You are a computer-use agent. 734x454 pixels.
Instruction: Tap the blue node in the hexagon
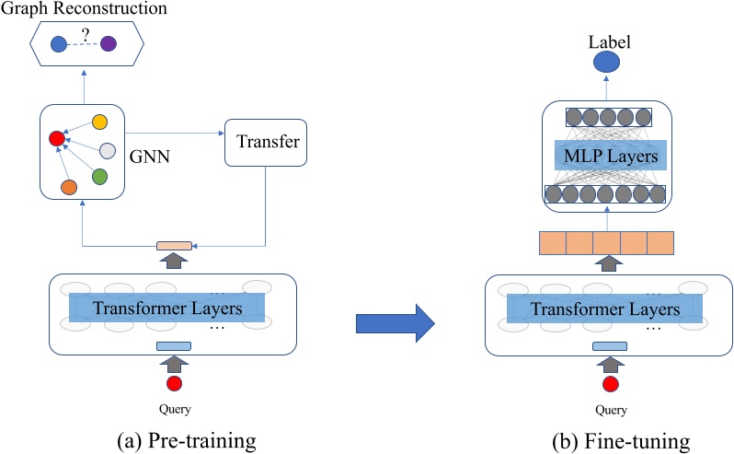click(59, 43)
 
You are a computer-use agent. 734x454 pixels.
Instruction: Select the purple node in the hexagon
click(109, 43)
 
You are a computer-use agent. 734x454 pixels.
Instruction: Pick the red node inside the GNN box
click(57, 139)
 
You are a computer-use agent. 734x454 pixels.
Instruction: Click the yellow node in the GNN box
click(100, 122)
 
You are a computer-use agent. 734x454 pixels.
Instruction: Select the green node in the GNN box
click(100, 176)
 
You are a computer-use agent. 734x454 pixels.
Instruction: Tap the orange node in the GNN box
click(68, 188)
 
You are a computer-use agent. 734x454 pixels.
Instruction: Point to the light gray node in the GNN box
click(108, 151)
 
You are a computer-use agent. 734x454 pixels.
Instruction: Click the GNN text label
click(153, 158)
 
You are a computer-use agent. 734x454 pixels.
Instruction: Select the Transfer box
click(266, 143)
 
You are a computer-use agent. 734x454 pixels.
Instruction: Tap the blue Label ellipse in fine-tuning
click(605, 63)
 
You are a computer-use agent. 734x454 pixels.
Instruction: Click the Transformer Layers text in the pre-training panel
click(168, 308)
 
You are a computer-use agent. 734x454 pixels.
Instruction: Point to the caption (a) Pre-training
click(174, 440)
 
